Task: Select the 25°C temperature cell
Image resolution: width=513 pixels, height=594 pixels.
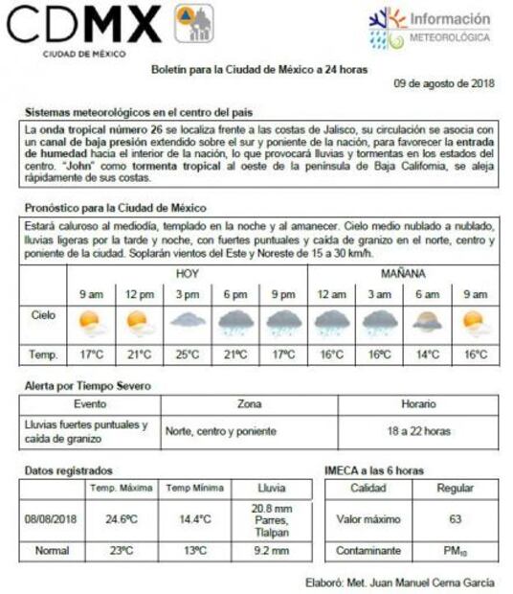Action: click(x=187, y=354)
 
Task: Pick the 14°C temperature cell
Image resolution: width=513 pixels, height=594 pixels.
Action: click(x=427, y=354)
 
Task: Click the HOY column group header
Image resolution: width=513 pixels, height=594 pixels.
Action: click(x=187, y=273)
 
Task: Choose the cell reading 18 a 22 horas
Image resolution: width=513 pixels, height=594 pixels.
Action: click(x=418, y=431)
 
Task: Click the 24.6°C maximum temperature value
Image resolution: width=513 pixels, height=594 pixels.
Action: click(x=121, y=519)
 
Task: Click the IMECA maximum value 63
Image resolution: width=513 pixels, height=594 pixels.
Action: click(x=455, y=519)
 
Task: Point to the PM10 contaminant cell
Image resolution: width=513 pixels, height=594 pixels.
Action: click(x=455, y=552)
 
